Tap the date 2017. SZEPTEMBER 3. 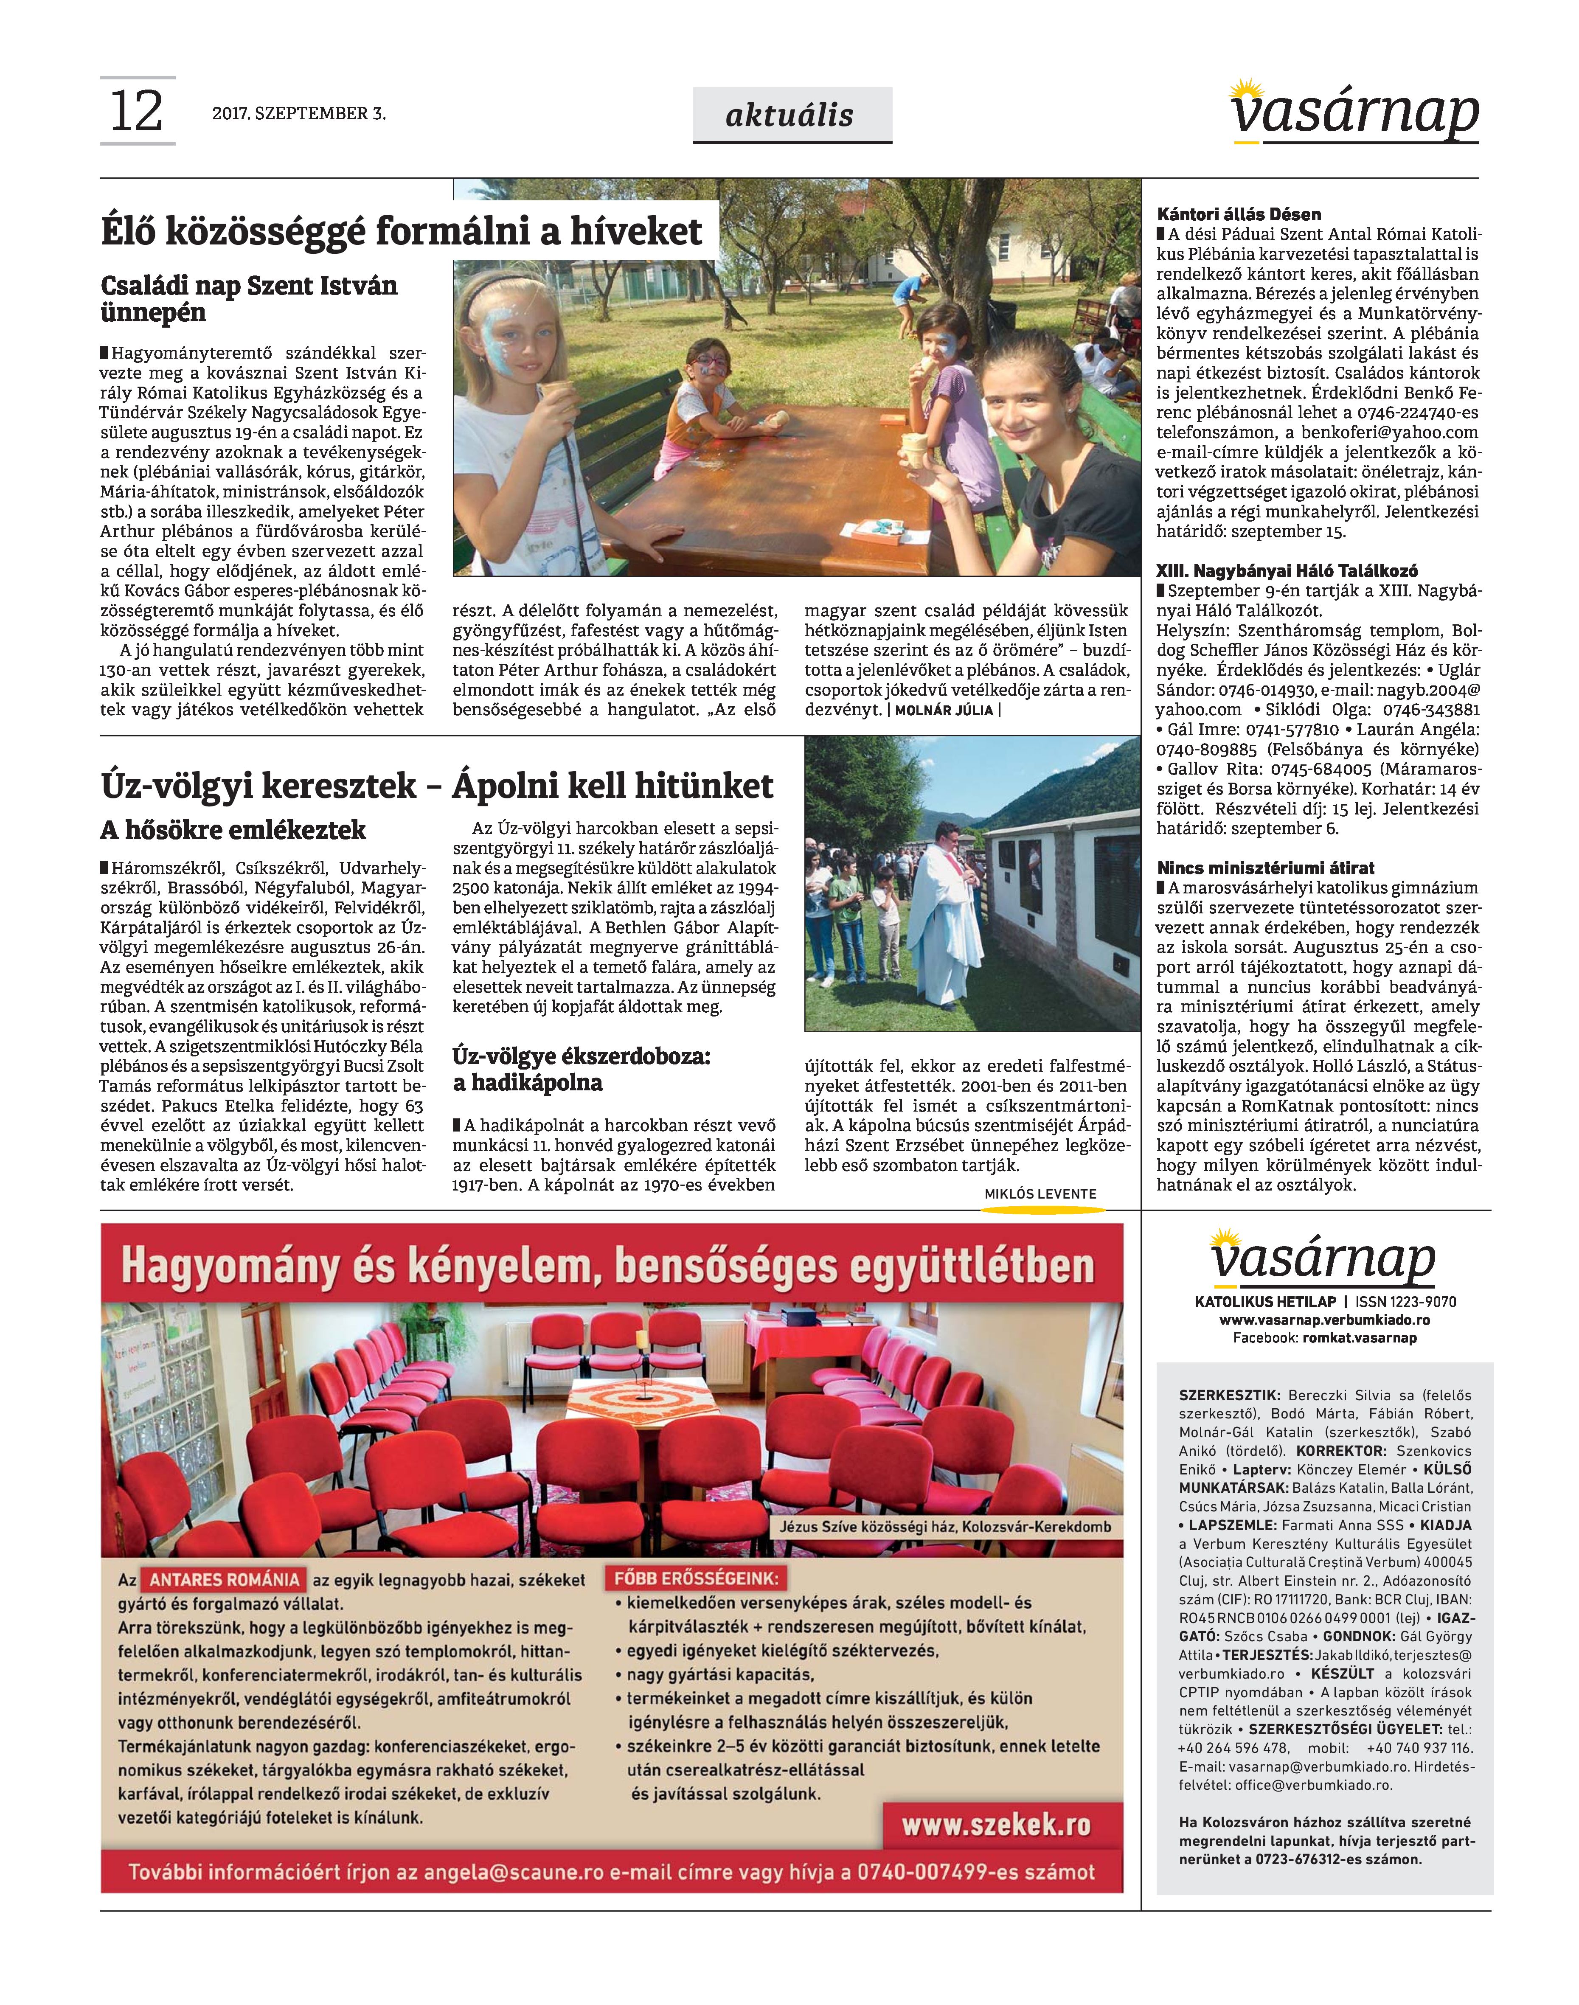point(298,114)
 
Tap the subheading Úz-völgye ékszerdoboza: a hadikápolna point(582,1070)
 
